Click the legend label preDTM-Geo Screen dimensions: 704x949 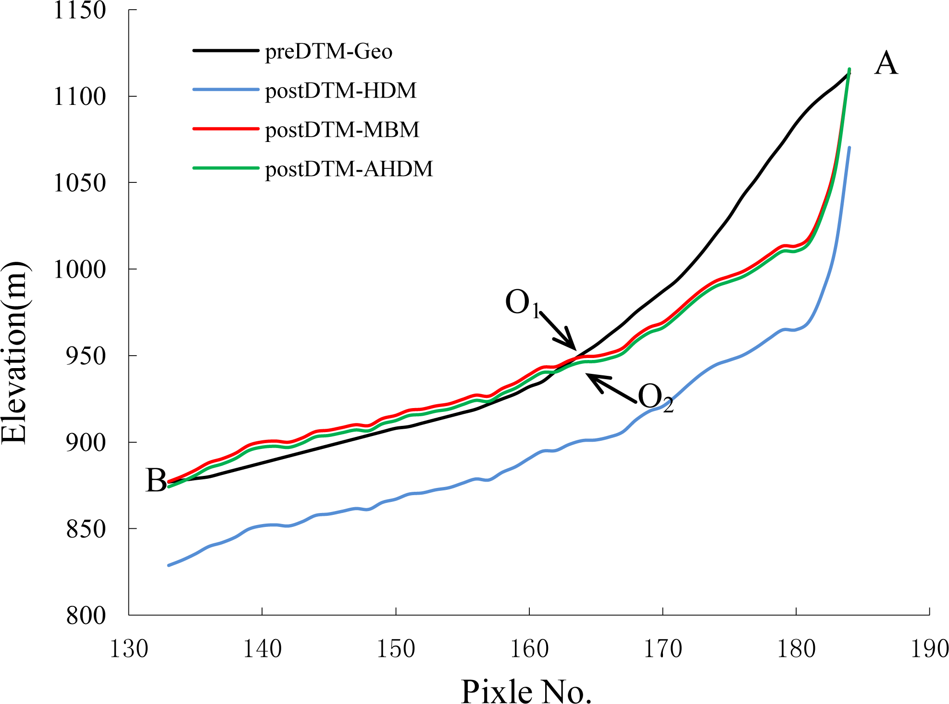coord(329,51)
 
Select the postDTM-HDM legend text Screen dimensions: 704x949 coord(340,90)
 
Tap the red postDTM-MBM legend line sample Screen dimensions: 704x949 coord(226,129)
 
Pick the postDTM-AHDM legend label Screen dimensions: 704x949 coord(349,169)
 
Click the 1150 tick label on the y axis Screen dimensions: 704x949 coord(79,10)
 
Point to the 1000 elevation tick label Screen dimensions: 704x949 coord(79,269)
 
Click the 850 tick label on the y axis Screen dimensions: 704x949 coord(86,529)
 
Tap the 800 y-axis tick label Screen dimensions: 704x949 coord(86,615)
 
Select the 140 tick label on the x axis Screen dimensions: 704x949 coord(262,649)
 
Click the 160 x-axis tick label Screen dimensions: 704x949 coord(529,649)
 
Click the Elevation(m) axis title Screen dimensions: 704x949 coord(14,352)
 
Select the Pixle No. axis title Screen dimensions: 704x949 coord(526,691)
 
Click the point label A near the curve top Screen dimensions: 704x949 coord(886,64)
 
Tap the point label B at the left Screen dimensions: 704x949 coord(156,480)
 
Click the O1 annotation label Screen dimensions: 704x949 coord(522,303)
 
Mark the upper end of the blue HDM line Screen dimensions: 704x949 coord(849,148)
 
